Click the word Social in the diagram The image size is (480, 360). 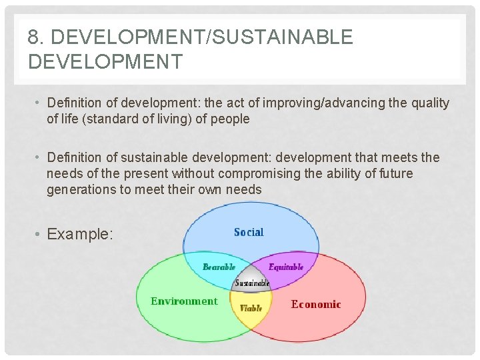pos(249,232)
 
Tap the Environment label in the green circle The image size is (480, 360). pos(184,301)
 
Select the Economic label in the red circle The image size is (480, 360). pos(316,305)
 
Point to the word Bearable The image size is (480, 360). pos(219,267)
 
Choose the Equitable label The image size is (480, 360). pos(286,267)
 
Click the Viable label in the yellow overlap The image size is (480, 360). pos(251,308)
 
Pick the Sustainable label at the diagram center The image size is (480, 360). pos(252,283)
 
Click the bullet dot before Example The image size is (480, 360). pos(39,234)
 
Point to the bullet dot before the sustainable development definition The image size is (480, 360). pos(39,158)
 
